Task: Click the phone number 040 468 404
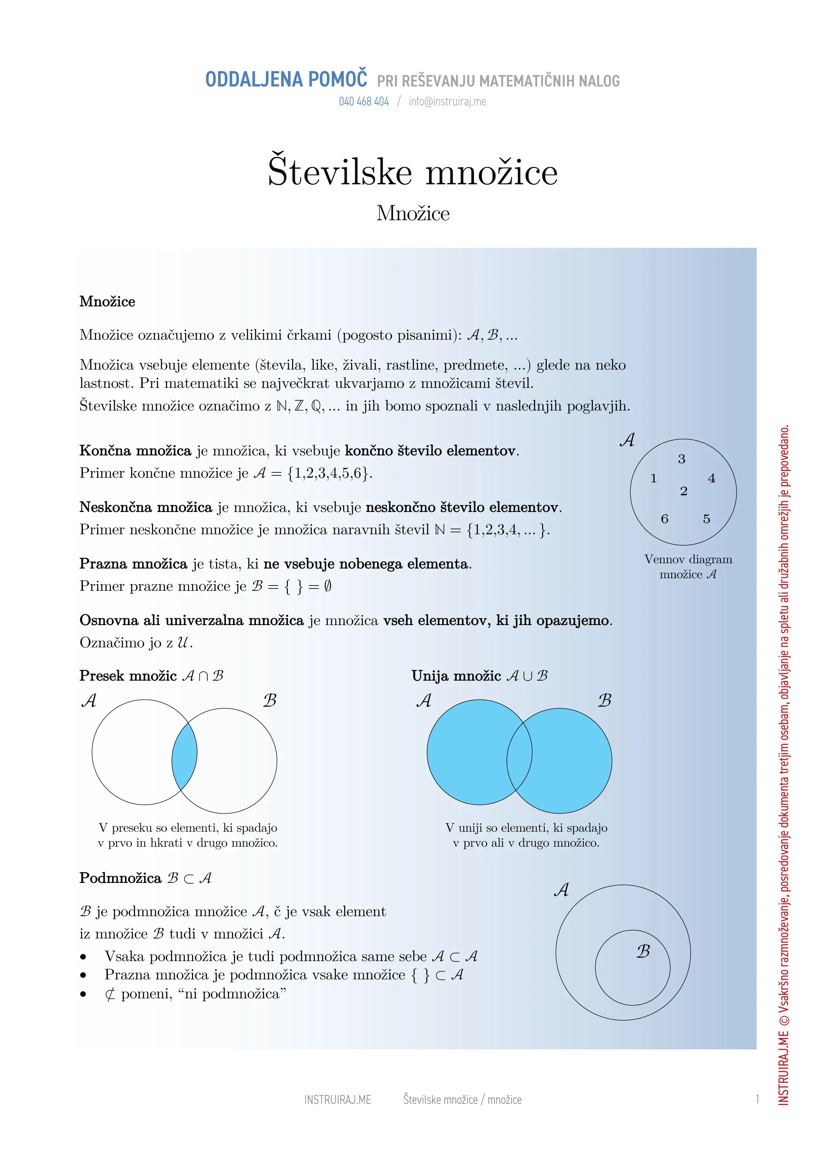click(x=364, y=102)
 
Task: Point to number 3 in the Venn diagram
click(x=682, y=459)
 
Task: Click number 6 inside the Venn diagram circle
click(x=664, y=519)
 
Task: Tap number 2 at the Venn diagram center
click(x=684, y=491)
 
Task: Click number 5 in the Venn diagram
click(x=707, y=519)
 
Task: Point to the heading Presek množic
click(x=128, y=676)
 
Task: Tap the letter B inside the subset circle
click(x=643, y=951)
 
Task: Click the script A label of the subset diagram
click(x=561, y=890)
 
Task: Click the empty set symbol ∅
click(x=327, y=586)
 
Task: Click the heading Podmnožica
click(x=120, y=878)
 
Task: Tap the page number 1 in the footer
click(x=757, y=1100)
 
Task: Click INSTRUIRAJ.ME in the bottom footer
click(x=338, y=1100)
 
